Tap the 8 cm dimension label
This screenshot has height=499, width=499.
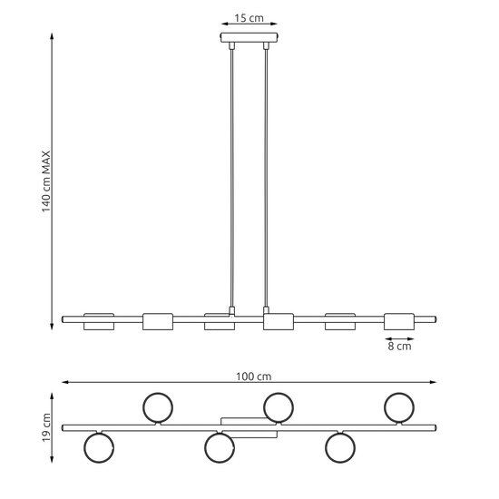[x=399, y=346]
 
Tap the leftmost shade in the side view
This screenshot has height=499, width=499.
[x=99, y=320]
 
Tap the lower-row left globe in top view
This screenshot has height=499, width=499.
[x=98, y=447]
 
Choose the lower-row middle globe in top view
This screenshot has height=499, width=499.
[x=219, y=447]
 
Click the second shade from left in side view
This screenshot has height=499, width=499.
[x=158, y=320]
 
